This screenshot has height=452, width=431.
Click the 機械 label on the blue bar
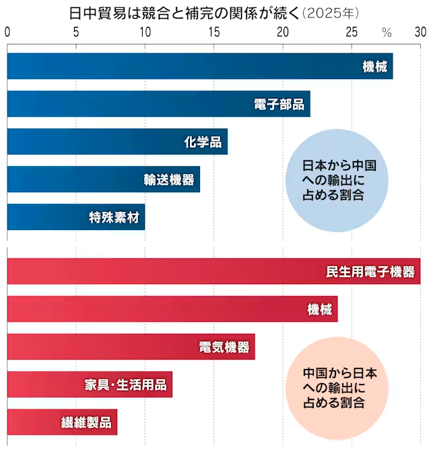(x=374, y=66)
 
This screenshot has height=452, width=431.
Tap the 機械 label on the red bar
(x=319, y=309)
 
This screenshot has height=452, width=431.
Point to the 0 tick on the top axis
(x=7, y=31)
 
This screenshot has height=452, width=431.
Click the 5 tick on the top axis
(x=76, y=31)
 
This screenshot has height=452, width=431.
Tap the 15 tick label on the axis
(x=214, y=31)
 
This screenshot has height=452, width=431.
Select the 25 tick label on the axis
(x=352, y=31)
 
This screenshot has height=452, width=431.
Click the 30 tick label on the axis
(x=420, y=31)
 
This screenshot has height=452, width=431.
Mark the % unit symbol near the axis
(x=387, y=32)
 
